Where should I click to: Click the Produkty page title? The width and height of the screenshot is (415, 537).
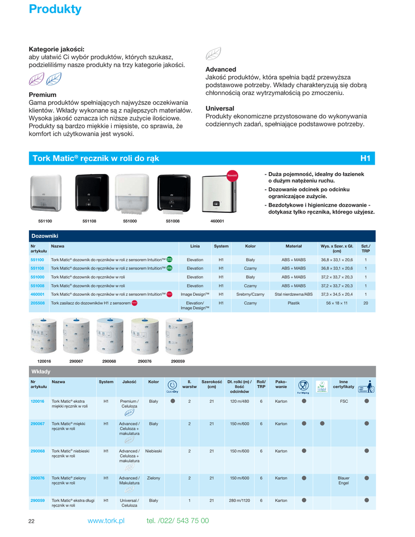click(55, 9)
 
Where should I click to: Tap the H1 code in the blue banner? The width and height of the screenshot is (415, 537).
click(365, 158)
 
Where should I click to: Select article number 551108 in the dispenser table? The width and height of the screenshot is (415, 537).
click(37, 268)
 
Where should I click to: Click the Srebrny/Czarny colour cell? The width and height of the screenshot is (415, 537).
click(250, 295)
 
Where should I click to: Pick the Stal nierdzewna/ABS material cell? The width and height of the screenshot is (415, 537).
click(293, 295)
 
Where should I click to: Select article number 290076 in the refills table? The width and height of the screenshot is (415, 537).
click(37, 478)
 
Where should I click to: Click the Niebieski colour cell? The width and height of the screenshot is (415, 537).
click(153, 451)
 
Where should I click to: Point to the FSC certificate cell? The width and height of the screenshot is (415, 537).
click(344, 401)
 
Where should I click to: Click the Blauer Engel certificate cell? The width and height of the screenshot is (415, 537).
click(343, 481)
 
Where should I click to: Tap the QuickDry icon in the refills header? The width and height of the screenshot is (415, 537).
click(172, 386)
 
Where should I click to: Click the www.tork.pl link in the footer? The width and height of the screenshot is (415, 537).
click(106, 521)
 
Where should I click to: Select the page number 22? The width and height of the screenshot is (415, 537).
click(31, 521)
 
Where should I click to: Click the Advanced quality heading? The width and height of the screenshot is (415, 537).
click(220, 69)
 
